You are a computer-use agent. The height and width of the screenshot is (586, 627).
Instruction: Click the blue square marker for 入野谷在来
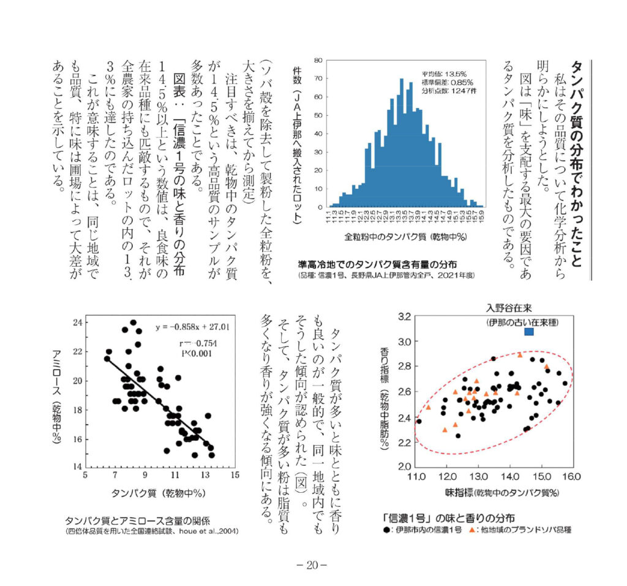(x=530, y=332)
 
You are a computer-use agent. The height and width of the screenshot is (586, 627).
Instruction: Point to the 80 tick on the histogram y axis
(x=318, y=60)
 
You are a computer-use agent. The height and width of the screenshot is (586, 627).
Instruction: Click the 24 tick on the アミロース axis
(x=78, y=322)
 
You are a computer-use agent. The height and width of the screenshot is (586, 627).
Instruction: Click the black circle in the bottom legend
(x=386, y=529)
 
